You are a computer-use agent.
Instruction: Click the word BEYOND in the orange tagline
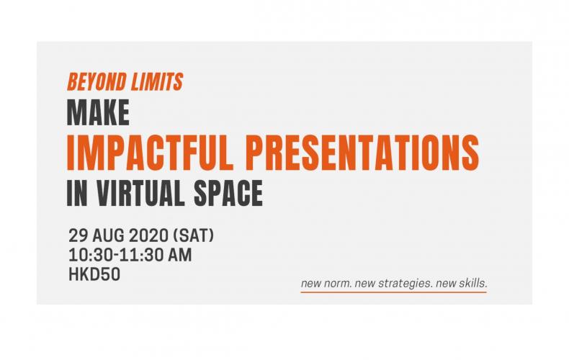click(97, 82)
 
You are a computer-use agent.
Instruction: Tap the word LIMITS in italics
click(157, 82)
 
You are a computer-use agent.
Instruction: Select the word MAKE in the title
click(98, 113)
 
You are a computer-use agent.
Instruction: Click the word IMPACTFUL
click(150, 152)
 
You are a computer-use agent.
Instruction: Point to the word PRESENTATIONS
click(364, 152)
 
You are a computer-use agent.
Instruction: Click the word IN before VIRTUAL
click(77, 194)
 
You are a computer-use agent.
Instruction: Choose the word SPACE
click(228, 194)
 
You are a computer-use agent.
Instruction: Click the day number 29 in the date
click(78, 236)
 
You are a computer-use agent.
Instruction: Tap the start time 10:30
click(91, 255)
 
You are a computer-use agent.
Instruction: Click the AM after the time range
click(179, 255)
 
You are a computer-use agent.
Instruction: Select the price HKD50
click(94, 274)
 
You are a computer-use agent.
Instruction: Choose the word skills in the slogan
click(473, 283)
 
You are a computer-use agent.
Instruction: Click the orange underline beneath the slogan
click(394, 292)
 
